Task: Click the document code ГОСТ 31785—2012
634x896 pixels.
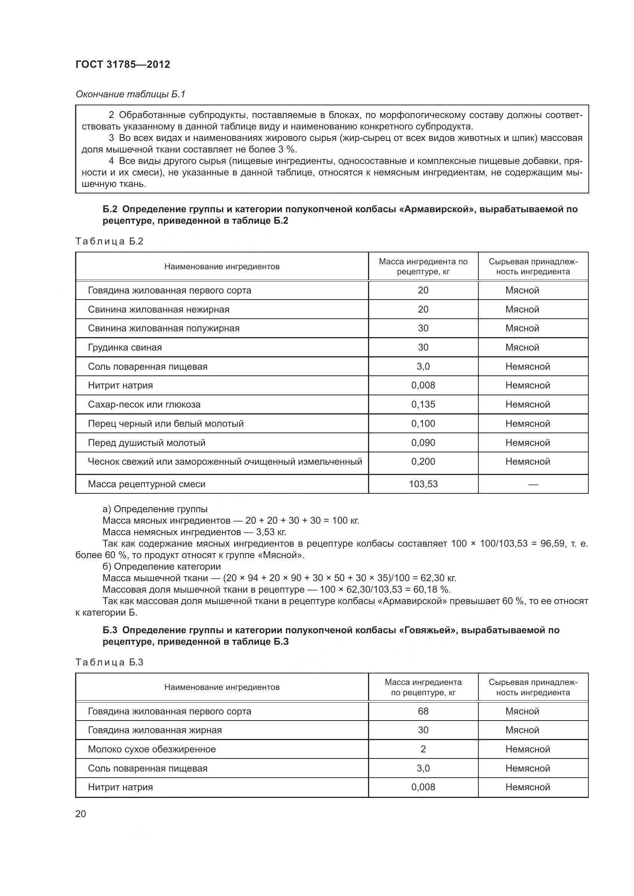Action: point(123,64)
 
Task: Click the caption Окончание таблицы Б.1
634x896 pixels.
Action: point(130,94)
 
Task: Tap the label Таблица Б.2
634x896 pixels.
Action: point(109,241)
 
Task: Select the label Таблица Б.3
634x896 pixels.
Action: point(109,662)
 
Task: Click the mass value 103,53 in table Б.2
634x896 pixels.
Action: point(423,484)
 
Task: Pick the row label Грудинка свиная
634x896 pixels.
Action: point(125,347)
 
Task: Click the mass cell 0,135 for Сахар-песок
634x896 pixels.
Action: point(423,404)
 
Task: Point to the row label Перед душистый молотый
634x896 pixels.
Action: point(146,442)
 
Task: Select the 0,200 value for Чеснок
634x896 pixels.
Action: point(423,461)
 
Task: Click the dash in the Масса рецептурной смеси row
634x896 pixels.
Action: point(533,484)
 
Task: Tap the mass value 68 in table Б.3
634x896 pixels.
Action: point(423,711)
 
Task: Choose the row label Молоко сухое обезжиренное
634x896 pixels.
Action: point(151,749)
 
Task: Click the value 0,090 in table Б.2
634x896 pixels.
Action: point(423,442)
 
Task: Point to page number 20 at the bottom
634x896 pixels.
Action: point(80,814)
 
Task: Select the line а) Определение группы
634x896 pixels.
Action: point(155,509)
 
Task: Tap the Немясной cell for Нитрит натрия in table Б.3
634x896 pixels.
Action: point(527,787)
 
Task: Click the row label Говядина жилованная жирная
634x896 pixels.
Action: point(154,730)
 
